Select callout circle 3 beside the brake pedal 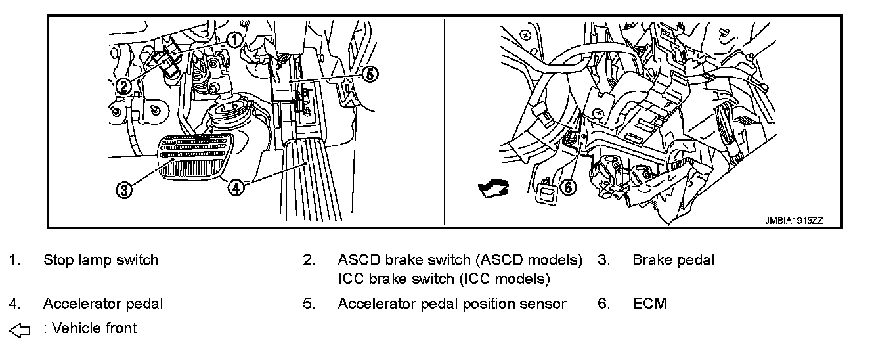(x=123, y=190)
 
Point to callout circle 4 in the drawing (x=236, y=187)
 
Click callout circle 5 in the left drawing (x=370, y=75)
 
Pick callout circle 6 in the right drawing (x=569, y=187)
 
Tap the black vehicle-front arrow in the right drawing (x=494, y=190)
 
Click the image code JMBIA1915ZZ (x=793, y=221)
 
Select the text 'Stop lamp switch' (x=100, y=259)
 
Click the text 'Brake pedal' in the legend (x=673, y=259)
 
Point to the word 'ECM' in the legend (x=649, y=304)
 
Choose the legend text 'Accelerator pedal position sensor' (x=452, y=304)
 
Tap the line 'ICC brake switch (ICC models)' (x=443, y=279)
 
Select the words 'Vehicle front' (x=95, y=328)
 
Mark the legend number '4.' (x=14, y=304)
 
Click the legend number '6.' (x=604, y=304)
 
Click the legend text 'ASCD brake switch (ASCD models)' (x=460, y=259)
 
